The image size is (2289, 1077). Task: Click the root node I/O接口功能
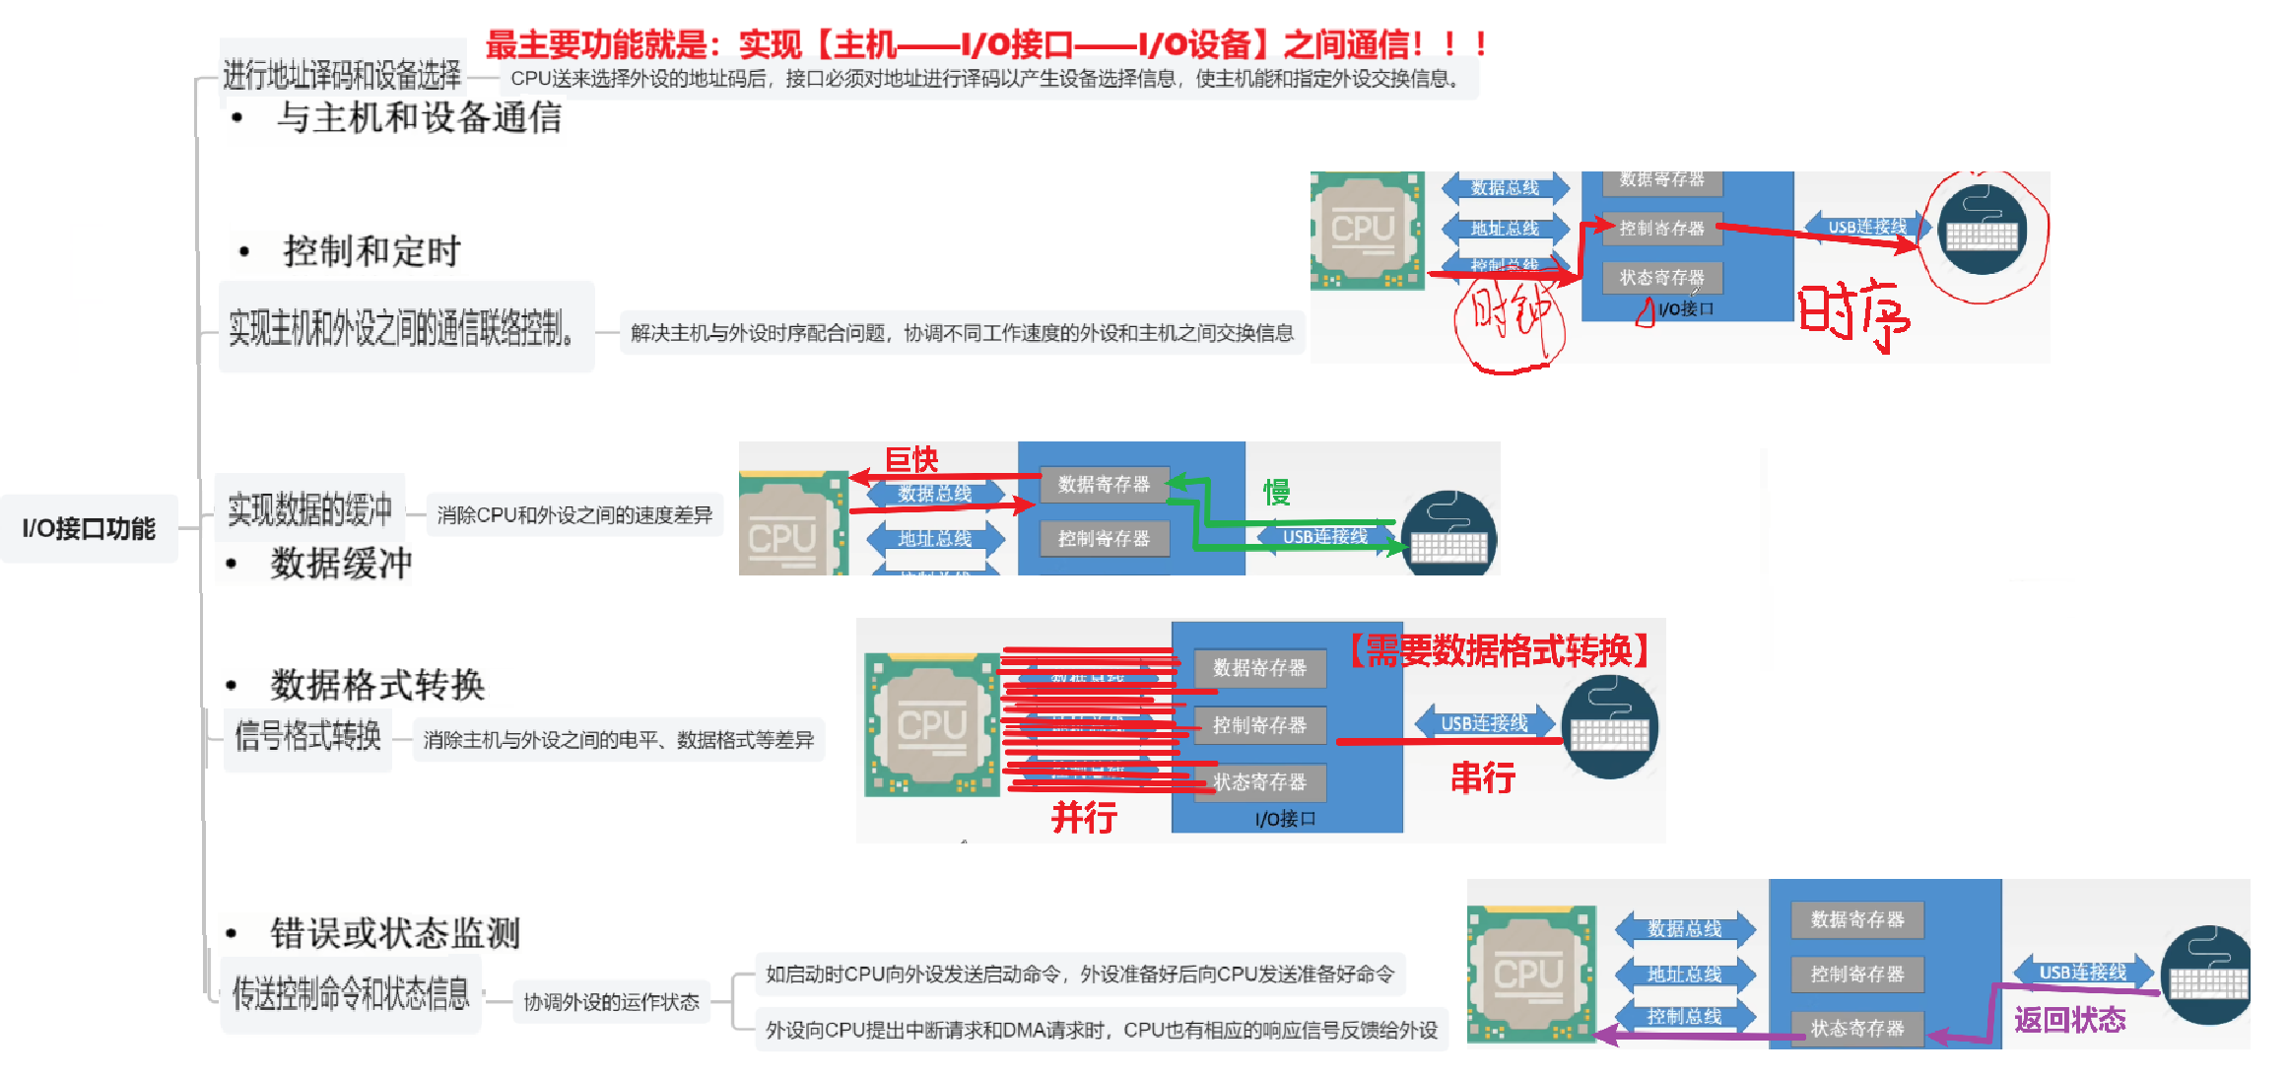[89, 529]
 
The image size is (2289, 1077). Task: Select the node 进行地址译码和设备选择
[342, 75]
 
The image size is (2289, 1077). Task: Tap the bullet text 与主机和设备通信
[419, 118]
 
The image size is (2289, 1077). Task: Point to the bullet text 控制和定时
[371, 252]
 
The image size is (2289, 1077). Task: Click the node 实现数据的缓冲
[309, 509]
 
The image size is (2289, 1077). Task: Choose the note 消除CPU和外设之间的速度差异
[574, 514]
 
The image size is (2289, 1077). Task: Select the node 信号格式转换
[307, 736]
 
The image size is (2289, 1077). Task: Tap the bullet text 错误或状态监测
[394, 933]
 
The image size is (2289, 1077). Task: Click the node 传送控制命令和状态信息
[351, 994]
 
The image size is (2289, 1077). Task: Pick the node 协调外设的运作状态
[611, 1002]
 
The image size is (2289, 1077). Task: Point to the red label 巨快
[911, 459]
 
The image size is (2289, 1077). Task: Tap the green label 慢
[1277, 492]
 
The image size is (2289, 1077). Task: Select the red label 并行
[1084, 817]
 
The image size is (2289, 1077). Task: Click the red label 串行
[1483, 778]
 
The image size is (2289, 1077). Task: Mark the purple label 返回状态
[2069, 1020]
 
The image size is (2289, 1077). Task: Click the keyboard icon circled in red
[1982, 233]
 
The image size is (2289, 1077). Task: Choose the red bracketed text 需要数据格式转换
[1498, 651]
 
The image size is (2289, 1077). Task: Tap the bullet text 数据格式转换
[377, 685]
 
